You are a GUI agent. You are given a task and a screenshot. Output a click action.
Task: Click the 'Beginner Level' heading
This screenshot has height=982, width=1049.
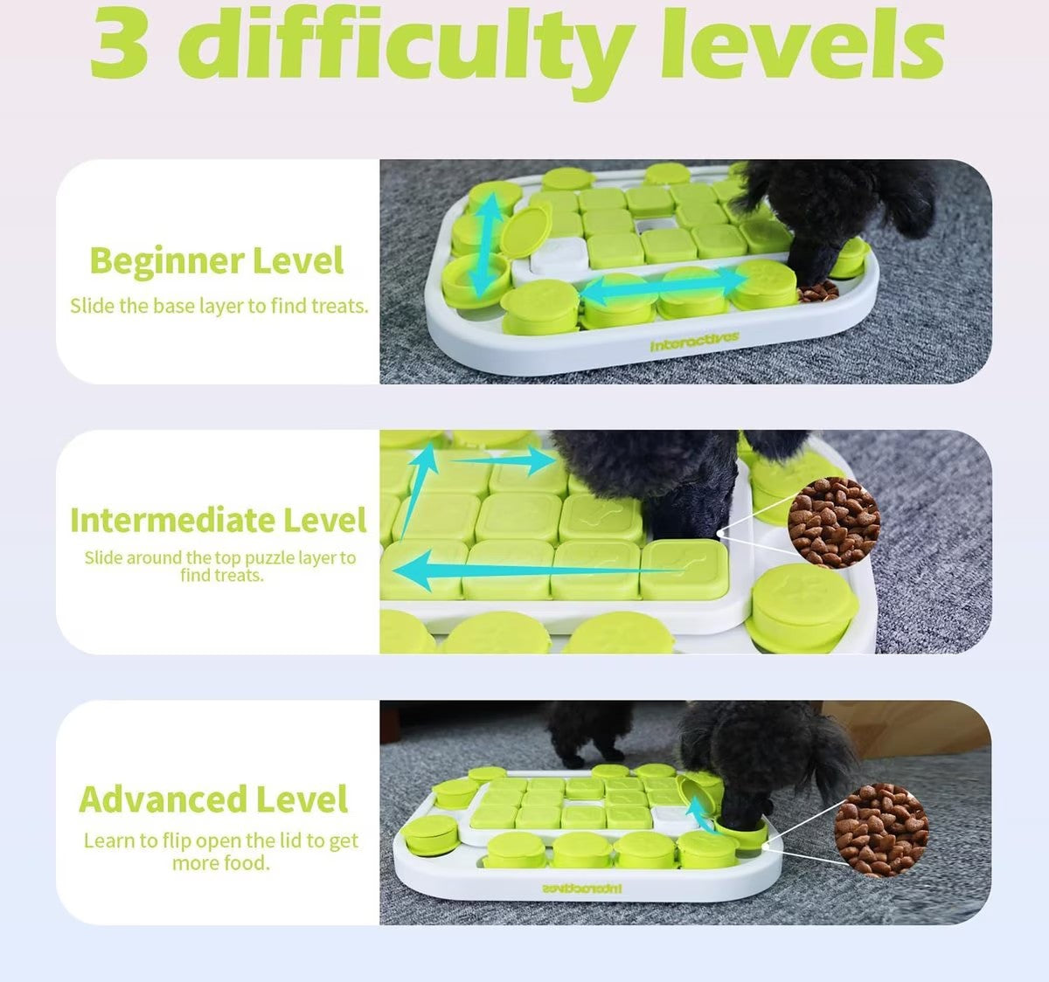point(217,260)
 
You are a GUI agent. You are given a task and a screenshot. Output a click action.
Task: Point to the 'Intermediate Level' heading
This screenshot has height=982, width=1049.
point(219,520)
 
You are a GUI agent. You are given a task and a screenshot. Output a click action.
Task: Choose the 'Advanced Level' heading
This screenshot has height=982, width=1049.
point(214,799)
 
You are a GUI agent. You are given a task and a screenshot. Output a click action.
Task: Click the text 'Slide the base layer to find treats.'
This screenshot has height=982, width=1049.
point(219,306)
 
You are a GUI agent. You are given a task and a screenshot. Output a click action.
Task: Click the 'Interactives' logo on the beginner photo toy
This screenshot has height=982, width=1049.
point(694,342)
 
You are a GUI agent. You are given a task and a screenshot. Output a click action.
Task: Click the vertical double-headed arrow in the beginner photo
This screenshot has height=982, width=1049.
point(483,245)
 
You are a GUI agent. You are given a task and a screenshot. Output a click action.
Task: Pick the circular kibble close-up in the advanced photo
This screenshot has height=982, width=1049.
point(881,829)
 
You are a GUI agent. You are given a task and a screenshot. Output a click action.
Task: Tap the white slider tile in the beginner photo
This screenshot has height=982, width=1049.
point(560,259)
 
